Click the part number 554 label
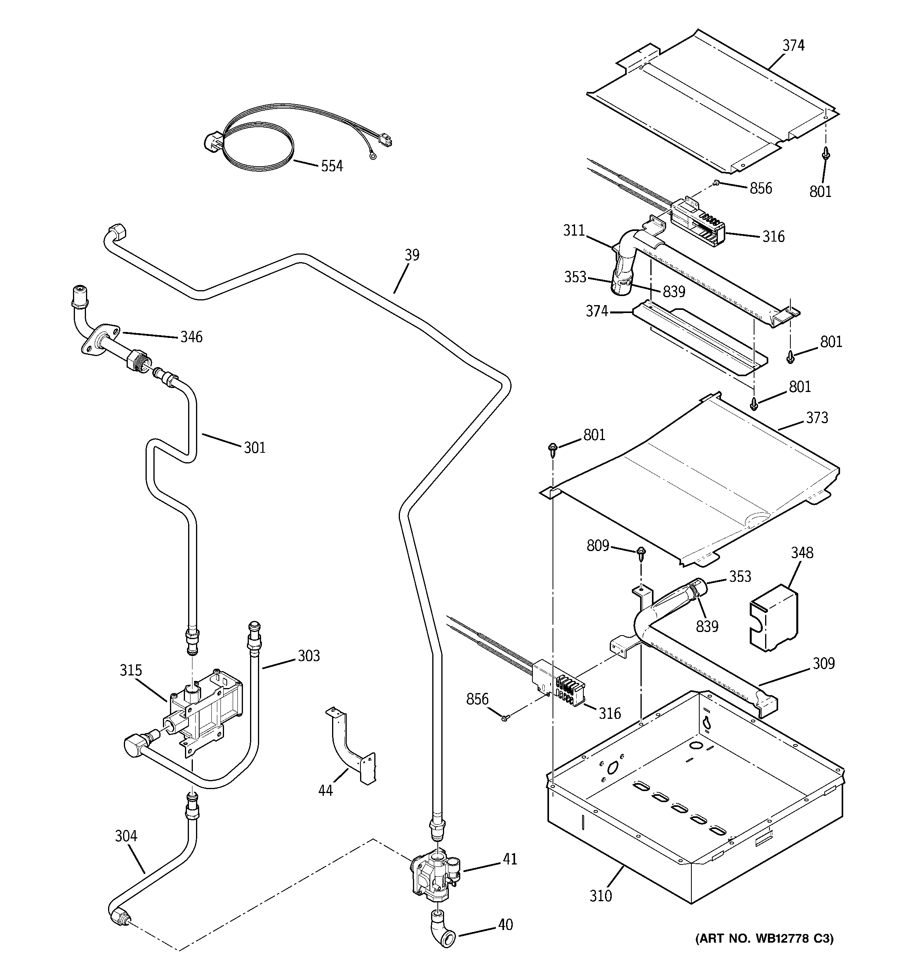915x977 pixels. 332,166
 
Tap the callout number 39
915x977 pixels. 412,255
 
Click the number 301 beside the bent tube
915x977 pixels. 254,447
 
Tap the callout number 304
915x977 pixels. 126,835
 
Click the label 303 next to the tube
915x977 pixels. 308,656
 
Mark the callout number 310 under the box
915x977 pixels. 600,896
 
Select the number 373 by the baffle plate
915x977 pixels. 817,418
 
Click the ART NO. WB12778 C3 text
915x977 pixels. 764,939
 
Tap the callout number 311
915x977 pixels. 574,230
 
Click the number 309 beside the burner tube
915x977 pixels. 823,664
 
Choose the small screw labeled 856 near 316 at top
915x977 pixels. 717,183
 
